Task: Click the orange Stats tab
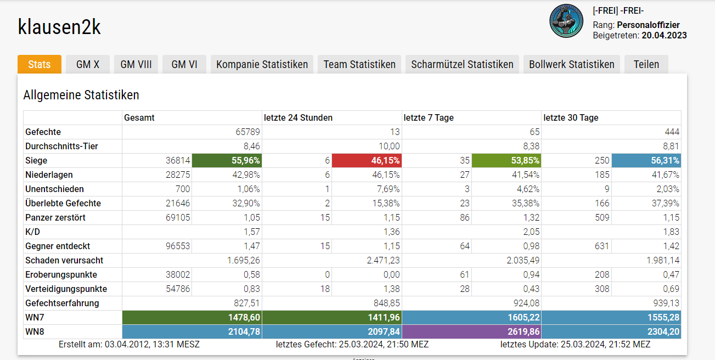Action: [39, 64]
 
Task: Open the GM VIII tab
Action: [136, 64]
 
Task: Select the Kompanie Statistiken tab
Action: [262, 64]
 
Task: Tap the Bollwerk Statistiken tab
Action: [571, 64]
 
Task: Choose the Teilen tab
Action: [646, 64]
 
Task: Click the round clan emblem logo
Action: [567, 21]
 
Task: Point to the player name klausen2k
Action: [59, 26]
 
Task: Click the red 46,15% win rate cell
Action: [366, 161]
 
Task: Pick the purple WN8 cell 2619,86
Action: [472, 331]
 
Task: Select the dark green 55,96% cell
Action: [227, 161]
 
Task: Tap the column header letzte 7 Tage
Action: [429, 118]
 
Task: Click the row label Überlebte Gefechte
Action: [63, 204]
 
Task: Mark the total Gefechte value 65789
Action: [247, 132]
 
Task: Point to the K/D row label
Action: [33, 232]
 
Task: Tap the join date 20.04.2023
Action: [664, 36]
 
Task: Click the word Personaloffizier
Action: [648, 25]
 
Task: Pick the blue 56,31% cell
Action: [646, 161]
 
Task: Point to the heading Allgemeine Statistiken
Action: [81, 95]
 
